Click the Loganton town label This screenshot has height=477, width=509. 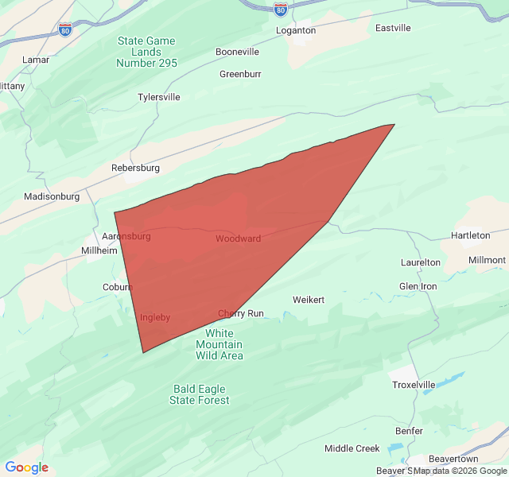coord(295,30)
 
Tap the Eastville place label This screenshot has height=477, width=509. coord(393,28)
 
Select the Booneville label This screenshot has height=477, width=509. coord(237,52)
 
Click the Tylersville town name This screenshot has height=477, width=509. coord(159,97)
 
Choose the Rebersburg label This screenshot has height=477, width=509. coord(135,168)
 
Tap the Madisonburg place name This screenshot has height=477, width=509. coord(52,196)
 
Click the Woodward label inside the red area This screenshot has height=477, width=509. coord(238,238)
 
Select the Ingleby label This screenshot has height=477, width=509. coord(155,317)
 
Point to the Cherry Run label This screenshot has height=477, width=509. coord(240,313)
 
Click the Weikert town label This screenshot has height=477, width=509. coord(309,300)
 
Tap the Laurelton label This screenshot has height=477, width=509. coord(420,262)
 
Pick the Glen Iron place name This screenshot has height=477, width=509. coord(418,286)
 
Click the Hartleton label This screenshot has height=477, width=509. coord(470,235)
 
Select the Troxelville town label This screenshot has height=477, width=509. coord(414,385)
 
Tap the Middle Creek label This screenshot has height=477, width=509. coord(352,448)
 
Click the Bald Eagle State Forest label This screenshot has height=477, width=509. coord(200,394)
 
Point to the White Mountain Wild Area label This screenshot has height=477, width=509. coord(220,344)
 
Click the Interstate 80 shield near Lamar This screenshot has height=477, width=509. coord(65,29)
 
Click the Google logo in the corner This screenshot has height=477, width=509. coord(27,467)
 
